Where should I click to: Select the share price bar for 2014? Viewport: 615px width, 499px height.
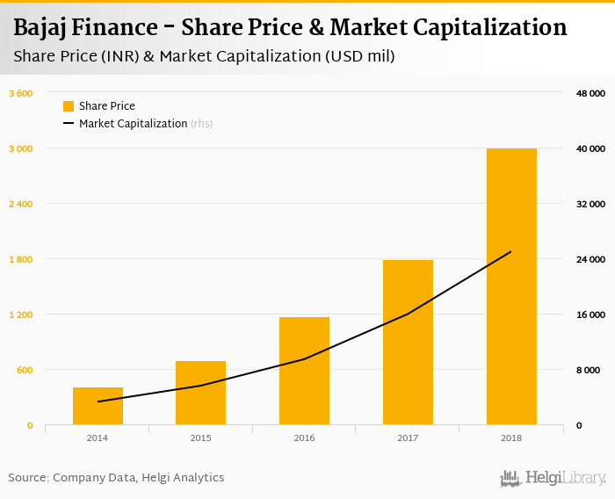(x=98, y=406)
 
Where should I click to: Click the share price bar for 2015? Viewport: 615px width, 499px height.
(x=200, y=393)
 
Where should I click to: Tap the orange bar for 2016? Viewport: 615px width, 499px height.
(x=304, y=371)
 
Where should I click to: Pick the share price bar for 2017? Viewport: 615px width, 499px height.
(x=408, y=343)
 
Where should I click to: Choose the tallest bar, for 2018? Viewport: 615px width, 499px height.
(x=511, y=286)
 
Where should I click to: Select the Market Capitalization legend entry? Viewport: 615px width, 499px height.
(x=133, y=124)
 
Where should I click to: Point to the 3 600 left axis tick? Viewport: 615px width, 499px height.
(x=20, y=93)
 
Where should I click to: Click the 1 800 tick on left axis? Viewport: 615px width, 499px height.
(x=20, y=259)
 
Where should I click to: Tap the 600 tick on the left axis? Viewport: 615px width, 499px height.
(x=24, y=370)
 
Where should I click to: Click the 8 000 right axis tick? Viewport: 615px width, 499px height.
(x=590, y=370)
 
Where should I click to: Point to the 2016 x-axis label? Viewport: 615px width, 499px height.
(x=304, y=438)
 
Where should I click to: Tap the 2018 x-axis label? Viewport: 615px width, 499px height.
(x=511, y=438)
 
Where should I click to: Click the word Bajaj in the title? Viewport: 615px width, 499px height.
(x=41, y=28)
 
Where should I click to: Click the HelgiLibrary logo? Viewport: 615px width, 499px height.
(x=553, y=478)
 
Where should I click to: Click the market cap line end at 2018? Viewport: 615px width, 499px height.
(x=511, y=252)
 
